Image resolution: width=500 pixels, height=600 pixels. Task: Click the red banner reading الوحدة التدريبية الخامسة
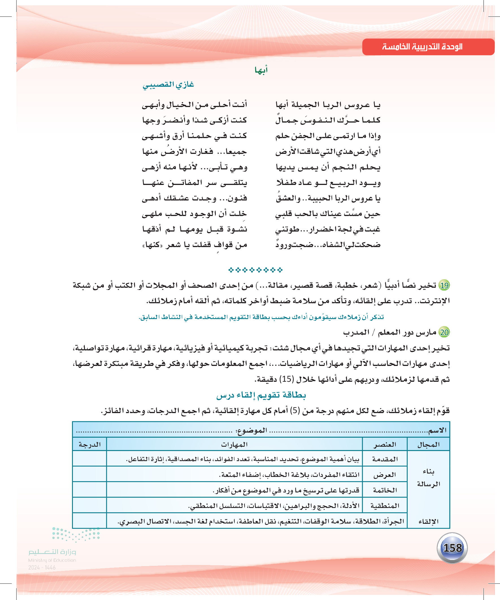tap(428, 47)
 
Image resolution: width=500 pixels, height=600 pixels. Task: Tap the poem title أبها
tap(261, 70)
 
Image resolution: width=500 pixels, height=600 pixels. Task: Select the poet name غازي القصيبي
tap(168, 85)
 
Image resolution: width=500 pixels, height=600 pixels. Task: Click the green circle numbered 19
tap(444, 285)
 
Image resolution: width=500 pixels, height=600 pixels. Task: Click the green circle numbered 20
tap(444, 332)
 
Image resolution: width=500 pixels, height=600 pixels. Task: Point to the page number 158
tap(452, 548)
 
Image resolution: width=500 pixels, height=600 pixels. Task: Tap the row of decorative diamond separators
tap(255, 270)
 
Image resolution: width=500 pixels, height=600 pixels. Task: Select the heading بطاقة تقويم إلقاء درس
tap(261, 395)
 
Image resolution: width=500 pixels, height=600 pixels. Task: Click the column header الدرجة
tap(90, 445)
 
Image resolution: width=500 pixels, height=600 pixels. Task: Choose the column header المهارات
tap(234, 445)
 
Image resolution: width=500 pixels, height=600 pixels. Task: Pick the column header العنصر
tap(385, 445)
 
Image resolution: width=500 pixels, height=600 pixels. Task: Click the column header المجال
tap(428, 445)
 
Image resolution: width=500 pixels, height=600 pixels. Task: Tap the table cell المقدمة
tap(385, 459)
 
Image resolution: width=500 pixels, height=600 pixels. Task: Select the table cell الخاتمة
tap(385, 490)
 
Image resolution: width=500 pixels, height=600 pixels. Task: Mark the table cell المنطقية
tap(385, 506)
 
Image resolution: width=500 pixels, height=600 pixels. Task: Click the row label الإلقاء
tap(428, 522)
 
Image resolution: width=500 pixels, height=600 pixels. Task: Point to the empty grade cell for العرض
tap(90, 475)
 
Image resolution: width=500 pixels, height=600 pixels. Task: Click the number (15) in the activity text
tap(287, 379)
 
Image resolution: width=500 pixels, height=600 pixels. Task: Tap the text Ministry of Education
tap(52, 560)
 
